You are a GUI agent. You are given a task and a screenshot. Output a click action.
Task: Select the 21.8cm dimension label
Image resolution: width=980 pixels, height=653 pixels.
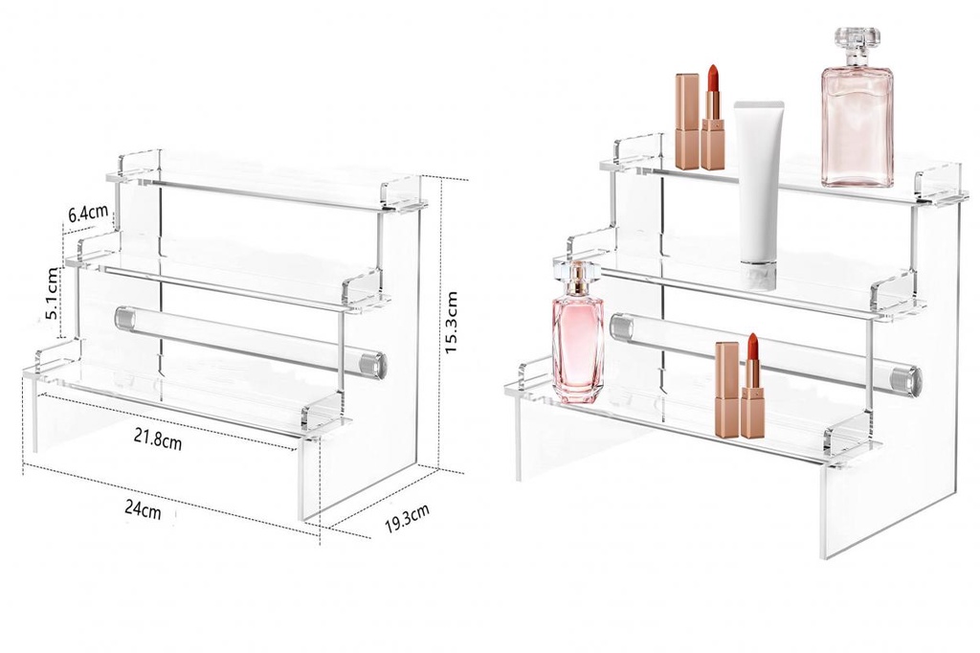point(157,440)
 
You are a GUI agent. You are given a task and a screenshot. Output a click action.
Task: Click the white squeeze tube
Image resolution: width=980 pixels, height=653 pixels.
point(760,182)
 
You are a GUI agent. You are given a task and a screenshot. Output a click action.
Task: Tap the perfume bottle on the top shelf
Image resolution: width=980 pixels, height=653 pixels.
point(857,120)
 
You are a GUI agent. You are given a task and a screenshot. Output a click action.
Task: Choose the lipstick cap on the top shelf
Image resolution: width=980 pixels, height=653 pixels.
point(687,122)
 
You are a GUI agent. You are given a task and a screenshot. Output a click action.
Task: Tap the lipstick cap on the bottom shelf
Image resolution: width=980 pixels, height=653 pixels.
point(727,390)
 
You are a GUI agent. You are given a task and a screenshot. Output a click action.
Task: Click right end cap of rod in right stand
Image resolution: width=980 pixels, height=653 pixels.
point(906,380)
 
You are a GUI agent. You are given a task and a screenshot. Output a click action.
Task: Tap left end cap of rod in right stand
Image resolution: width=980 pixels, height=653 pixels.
point(621,328)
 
